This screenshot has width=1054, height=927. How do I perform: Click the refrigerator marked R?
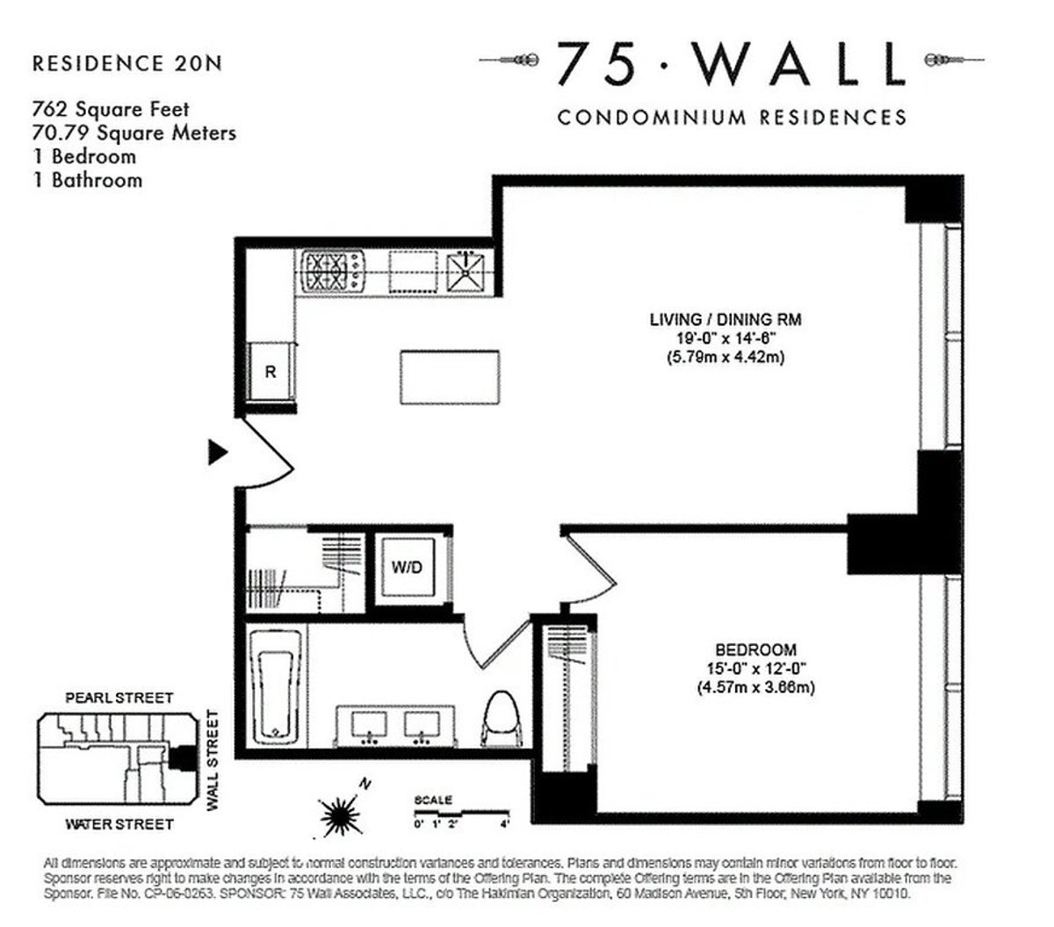tap(271, 372)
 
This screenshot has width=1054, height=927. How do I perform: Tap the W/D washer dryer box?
tap(407, 568)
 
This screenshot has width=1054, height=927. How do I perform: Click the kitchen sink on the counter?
tap(464, 270)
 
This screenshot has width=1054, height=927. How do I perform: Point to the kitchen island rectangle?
tap(450, 378)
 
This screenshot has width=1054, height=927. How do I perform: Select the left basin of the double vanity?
tap(369, 725)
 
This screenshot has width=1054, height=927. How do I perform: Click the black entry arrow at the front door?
tap(216, 453)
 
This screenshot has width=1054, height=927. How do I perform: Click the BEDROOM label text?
tap(755, 650)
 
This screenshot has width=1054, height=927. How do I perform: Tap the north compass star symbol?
tap(339, 814)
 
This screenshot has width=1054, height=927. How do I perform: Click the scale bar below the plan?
tap(461, 812)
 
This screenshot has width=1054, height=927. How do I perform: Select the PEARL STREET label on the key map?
tap(119, 698)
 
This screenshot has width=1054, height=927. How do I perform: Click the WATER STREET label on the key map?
tap(119, 824)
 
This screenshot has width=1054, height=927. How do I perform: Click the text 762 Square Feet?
tap(111, 110)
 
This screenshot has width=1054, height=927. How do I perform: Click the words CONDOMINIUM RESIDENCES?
tap(732, 117)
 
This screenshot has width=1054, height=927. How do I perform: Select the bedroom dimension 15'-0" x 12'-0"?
tap(755, 669)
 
